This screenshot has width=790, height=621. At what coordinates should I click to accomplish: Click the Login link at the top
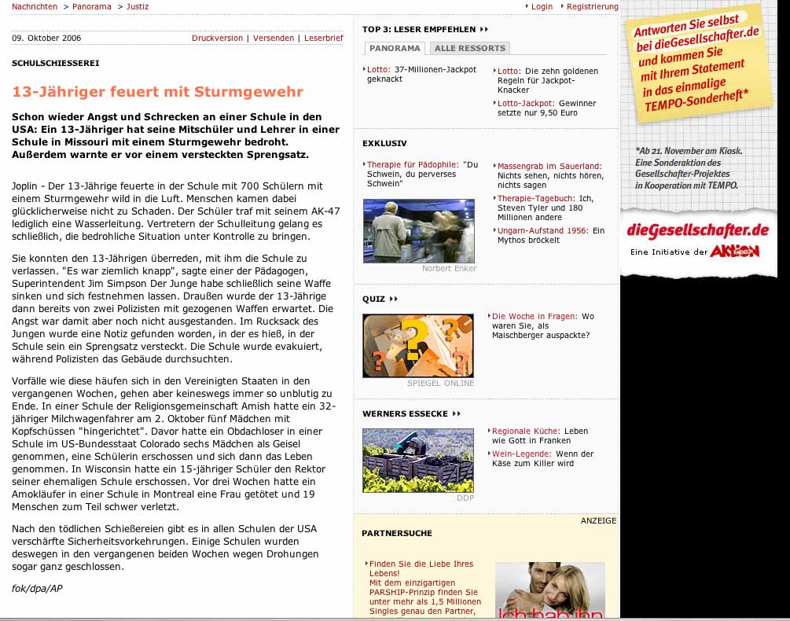tap(542, 6)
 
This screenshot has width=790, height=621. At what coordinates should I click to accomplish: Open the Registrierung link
tap(592, 6)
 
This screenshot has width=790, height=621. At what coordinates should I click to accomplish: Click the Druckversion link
tap(217, 38)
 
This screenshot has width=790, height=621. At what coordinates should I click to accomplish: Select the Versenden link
tap(273, 38)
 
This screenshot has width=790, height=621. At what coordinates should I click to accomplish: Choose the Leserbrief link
tap(323, 38)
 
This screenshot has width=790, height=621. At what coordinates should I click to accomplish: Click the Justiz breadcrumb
tap(137, 6)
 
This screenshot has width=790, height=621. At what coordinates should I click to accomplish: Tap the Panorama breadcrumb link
tap(91, 6)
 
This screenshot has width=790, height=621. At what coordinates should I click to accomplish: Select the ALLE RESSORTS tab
tap(471, 48)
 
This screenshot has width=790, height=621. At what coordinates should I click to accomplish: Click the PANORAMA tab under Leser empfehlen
tap(395, 48)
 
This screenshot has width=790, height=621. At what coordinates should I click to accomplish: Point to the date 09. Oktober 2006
tap(46, 38)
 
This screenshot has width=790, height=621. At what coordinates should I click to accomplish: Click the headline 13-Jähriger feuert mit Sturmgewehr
tap(157, 92)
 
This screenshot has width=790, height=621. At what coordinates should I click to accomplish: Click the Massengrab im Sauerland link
tap(549, 166)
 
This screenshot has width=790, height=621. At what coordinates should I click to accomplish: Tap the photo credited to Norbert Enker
tap(418, 230)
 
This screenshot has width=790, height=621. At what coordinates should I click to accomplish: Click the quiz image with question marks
tap(418, 346)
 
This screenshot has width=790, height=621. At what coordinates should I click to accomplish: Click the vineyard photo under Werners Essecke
tap(418, 460)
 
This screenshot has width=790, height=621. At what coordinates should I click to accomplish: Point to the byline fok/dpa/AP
tap(37, 588)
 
